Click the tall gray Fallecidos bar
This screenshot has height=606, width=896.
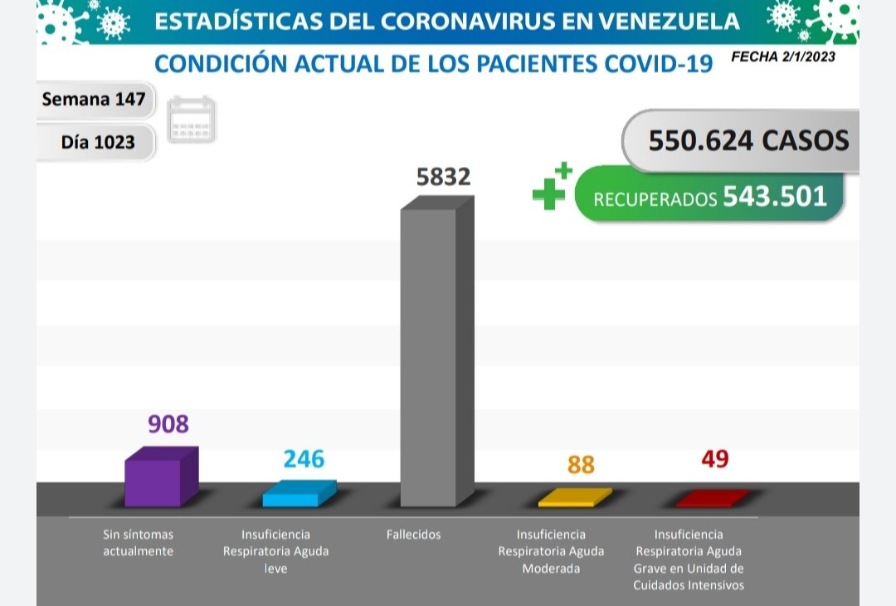click(429, 357)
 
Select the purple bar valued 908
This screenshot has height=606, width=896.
click(153, 482)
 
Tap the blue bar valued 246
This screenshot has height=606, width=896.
click(291, 499)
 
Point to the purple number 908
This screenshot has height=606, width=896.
click(168, 424)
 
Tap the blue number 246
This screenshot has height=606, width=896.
click(304, 458)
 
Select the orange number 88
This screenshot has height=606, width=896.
click(581, 464)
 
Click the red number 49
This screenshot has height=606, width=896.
click(714, 458)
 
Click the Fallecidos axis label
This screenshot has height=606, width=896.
click(413, 535)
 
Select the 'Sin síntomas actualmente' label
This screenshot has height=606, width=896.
click(138, 543)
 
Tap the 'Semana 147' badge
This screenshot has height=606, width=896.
click(94, 100)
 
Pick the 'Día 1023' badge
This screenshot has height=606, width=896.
click(98, 142)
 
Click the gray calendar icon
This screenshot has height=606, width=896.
click(192, 120)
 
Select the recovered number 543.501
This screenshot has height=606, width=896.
click(775, 196)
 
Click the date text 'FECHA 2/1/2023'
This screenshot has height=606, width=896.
click(783, 57)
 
